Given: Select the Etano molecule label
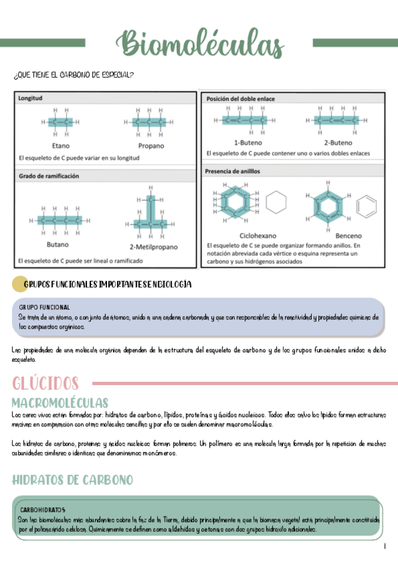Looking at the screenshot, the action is [60, 145].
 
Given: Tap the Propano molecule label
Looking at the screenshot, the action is [151, 145].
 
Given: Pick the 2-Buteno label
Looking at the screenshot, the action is [338, 142].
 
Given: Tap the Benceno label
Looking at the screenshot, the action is [349, 235].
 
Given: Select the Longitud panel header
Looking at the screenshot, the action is [31, 98].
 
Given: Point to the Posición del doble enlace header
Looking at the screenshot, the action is [241, 98].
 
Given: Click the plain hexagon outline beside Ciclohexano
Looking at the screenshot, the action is [278, 203].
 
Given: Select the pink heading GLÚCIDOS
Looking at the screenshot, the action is [45, 384].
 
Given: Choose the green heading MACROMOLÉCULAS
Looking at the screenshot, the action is [60, 403].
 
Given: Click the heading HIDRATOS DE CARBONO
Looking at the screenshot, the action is [72, 479].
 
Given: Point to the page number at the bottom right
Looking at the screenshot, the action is [385, 546].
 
